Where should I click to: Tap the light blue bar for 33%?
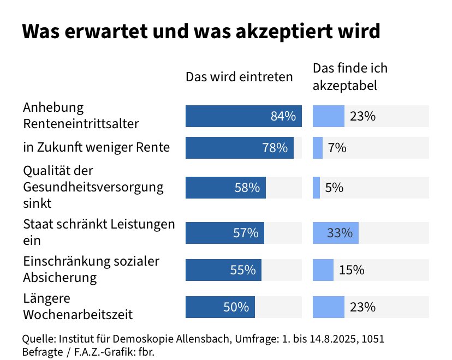pos(335,233)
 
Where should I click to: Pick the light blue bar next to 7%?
pos(317,148)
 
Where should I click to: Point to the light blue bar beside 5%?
pos(316,188)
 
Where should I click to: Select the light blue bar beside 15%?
pos(323,270)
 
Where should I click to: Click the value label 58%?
pos(247,188)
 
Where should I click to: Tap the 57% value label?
pos(246,233)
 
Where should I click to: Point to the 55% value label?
pos(243,270)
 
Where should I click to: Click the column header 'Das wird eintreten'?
pos(239,77)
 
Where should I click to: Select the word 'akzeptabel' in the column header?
pos(345,86)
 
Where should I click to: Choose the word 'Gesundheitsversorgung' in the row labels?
pos(93,187)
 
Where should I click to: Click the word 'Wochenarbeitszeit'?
pos(78,315)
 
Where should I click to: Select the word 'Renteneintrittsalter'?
pos(81,124)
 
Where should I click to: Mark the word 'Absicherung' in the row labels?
pos(60,277)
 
